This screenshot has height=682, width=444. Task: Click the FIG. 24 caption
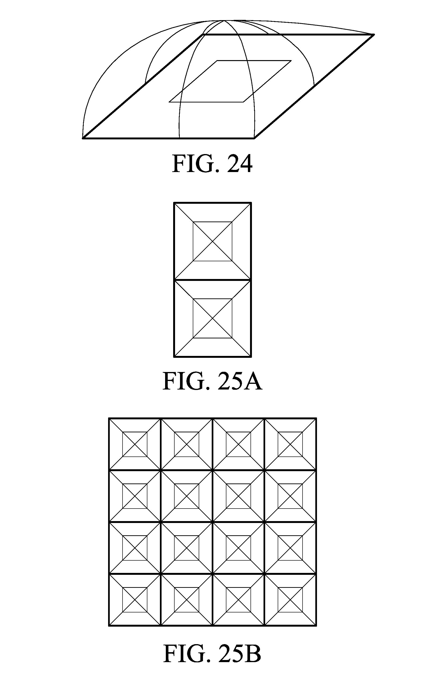tap(212, 164)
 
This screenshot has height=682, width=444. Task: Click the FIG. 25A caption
tap(212, 381)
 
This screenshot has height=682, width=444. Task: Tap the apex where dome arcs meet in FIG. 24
tap(224, 21)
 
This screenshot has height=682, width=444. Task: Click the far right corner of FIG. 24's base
tap(374, 35)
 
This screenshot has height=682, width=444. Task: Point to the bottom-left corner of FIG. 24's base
tap(83, 138)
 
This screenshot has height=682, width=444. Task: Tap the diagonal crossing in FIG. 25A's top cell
tap(213, 241)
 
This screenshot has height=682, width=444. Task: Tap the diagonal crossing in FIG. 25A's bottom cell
tap(213, 318)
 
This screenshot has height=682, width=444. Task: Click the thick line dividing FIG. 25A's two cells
tap(213, 280)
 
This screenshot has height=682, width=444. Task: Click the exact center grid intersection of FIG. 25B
tap(213, 522)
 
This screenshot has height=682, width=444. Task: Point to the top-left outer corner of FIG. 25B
tap(109, 419)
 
